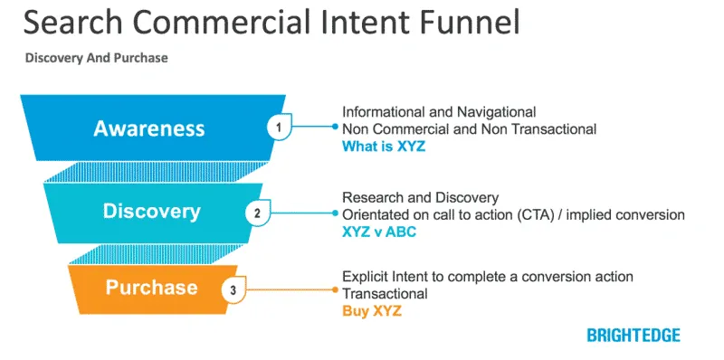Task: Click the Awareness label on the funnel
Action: pos(149,128)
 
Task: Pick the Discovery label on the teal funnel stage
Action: pos(151,212)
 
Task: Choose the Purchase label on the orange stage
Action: pos(151,288)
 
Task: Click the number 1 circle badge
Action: pos(280,128)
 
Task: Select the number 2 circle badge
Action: pos(257,213)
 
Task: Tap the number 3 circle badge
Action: pos(233,290)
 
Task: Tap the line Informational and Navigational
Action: pos(439,112)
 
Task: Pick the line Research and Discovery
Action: pos(419,197)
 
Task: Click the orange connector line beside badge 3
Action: pos(290,290)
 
